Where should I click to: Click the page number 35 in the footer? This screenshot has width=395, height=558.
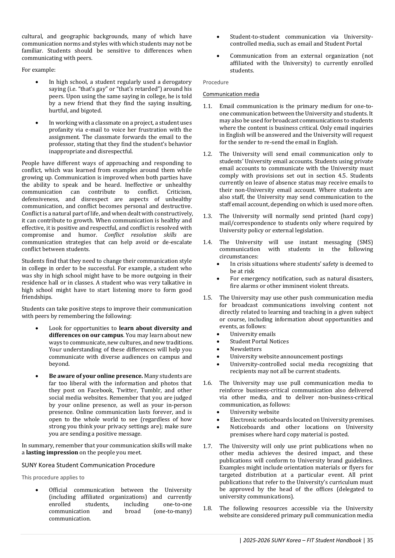[370, 540]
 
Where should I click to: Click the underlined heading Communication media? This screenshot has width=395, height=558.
[231, 94]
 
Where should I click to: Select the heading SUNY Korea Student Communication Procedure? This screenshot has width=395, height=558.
[88, 465]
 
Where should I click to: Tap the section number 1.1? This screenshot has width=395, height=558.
[207, 106]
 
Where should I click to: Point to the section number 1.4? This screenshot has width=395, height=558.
[207, 242]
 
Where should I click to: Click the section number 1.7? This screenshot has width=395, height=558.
[207, 446]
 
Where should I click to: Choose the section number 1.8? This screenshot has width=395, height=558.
[207, 508]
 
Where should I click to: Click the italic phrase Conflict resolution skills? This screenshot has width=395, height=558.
[140, 235]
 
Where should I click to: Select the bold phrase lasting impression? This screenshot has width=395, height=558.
[52, 453]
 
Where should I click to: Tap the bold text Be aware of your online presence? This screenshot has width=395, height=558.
[96, 376]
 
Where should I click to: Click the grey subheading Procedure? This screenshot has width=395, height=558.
[216, 82]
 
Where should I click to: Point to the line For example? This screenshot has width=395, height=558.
[39, 70]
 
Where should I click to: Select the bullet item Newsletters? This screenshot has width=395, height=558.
[246, 349]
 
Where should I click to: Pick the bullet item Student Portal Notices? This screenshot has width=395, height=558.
[259, 341]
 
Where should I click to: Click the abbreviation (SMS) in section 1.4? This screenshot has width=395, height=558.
[365, 242]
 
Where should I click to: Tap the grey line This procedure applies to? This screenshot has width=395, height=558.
[53, 477]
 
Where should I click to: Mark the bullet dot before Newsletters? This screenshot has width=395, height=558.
[218, 349]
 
